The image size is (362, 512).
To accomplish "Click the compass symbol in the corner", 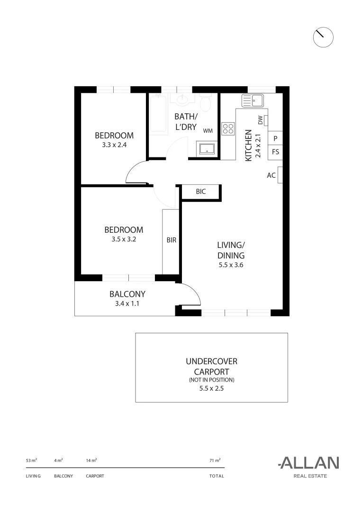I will click(324, 37).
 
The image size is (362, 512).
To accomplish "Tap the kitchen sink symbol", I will click(253, 101).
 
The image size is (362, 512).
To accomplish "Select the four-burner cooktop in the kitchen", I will click(228, 128).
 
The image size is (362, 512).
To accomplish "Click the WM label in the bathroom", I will click(208, 130).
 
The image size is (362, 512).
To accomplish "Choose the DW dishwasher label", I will click(261, 120).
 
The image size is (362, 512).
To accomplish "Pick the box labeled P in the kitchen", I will click(276, 138).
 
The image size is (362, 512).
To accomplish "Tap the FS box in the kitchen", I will click(276, 152).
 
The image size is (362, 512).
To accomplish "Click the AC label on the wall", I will click(271, 175).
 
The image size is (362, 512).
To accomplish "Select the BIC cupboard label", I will click(201, 192).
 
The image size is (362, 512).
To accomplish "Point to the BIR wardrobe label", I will click(171, 240).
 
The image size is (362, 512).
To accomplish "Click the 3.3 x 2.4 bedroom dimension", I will click(114, 145).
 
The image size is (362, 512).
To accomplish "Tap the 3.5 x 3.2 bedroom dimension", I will click(124, 239).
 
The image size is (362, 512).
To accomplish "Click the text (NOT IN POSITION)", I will click(211, 380).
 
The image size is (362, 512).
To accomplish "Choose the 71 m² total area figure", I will click(215, 460).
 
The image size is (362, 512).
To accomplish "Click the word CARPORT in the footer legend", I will click(95, 476).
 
